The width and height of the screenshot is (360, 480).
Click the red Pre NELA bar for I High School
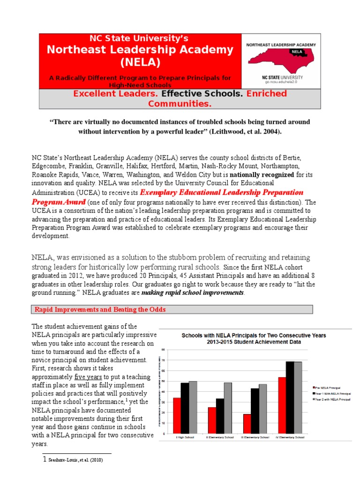tap(177, 415)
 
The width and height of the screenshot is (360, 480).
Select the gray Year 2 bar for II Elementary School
tap(228, 408)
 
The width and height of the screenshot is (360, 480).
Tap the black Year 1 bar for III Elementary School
tap(255, 411)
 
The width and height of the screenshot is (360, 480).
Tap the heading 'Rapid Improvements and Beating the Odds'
tap(100, 309)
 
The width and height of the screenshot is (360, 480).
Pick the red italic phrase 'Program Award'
tap(58, 202)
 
